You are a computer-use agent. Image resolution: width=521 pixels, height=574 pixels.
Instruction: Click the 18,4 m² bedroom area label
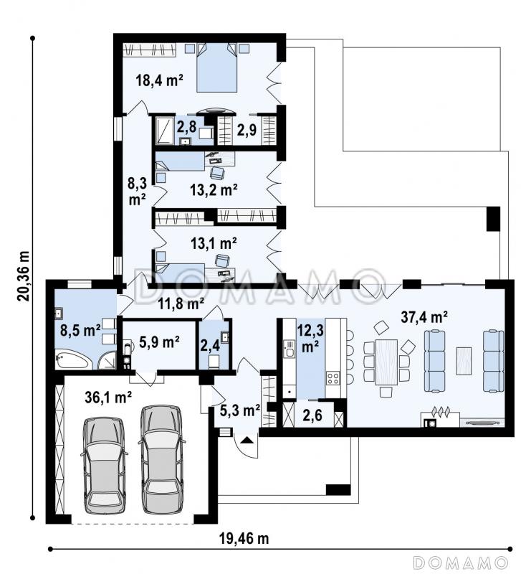[159, 80]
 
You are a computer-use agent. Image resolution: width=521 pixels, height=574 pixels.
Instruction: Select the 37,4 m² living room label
[424, 317]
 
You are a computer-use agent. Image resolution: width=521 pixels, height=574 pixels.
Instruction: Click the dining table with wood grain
[386, 362]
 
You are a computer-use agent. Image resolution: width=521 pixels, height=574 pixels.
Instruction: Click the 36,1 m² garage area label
[108, 397]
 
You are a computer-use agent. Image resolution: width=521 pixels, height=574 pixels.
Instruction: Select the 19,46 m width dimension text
[244, 539]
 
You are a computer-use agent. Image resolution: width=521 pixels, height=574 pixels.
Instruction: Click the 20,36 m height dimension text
[24, 276]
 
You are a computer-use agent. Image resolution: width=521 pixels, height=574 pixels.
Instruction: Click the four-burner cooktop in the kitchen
[333, 377]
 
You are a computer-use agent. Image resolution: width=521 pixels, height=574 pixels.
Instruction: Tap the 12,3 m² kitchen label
[310, 338]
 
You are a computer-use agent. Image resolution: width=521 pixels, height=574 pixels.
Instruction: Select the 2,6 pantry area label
[312, 415]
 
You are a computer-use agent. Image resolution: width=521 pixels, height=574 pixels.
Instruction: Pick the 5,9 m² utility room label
[159, 342]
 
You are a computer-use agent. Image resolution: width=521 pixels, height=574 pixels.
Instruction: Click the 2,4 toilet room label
[210, 345]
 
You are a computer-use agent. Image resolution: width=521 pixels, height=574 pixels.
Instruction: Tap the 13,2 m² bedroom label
[214, 189]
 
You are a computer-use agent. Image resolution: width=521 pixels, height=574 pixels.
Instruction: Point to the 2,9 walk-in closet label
[247, 130]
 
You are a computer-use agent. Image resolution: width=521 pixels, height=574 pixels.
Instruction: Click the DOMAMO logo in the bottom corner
[461, 562]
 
